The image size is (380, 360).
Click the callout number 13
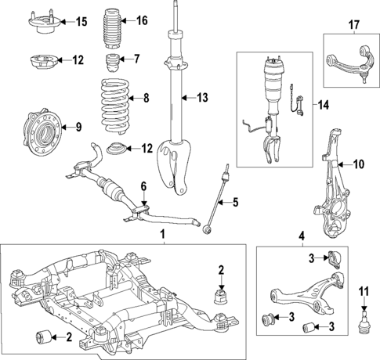[202, 98]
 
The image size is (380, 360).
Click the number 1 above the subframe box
[162, 235]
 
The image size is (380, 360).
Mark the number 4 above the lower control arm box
[302, 235]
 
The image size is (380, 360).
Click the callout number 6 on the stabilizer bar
[143, 185]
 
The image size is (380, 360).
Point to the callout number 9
[77, 125]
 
